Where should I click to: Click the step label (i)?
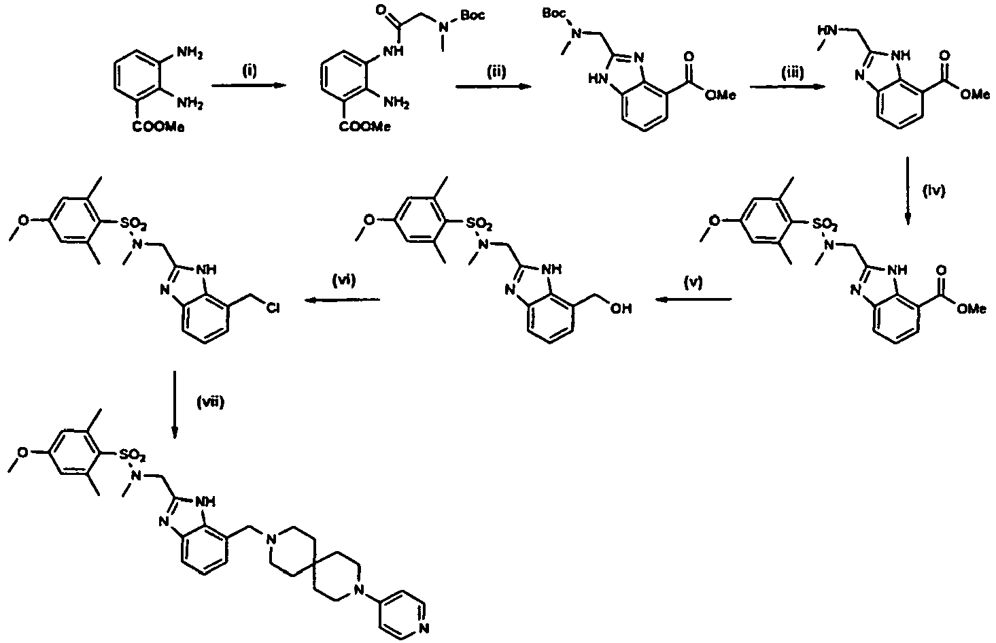249,71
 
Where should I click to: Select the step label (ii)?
496,71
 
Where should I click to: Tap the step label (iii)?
793,72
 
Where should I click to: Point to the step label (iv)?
933,191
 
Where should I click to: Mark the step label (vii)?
210,402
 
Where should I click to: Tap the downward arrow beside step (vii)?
175,404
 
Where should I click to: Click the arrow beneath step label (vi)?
342,300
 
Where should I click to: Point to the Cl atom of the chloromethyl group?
273,308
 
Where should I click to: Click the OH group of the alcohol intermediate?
621,308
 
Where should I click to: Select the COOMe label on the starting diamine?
158,127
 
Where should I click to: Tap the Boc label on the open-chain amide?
473,15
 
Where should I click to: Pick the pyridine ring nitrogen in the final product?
424,628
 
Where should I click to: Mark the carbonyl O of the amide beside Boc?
381,10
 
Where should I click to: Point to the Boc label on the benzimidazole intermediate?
554,14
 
